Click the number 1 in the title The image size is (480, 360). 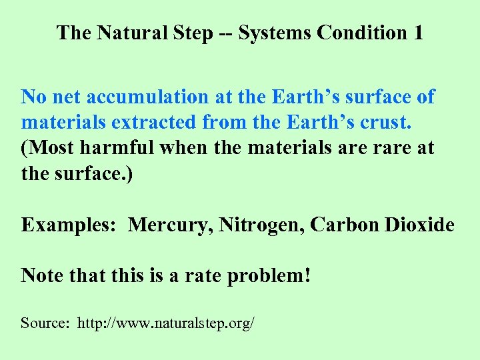(x=417, y=33)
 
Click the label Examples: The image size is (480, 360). (x=68, y=225)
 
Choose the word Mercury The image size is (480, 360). (x=166, y=225)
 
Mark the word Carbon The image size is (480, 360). (x=347, y=225)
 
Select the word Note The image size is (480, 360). (x=42, y=275)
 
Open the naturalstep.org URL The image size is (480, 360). (x=166, y=324)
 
